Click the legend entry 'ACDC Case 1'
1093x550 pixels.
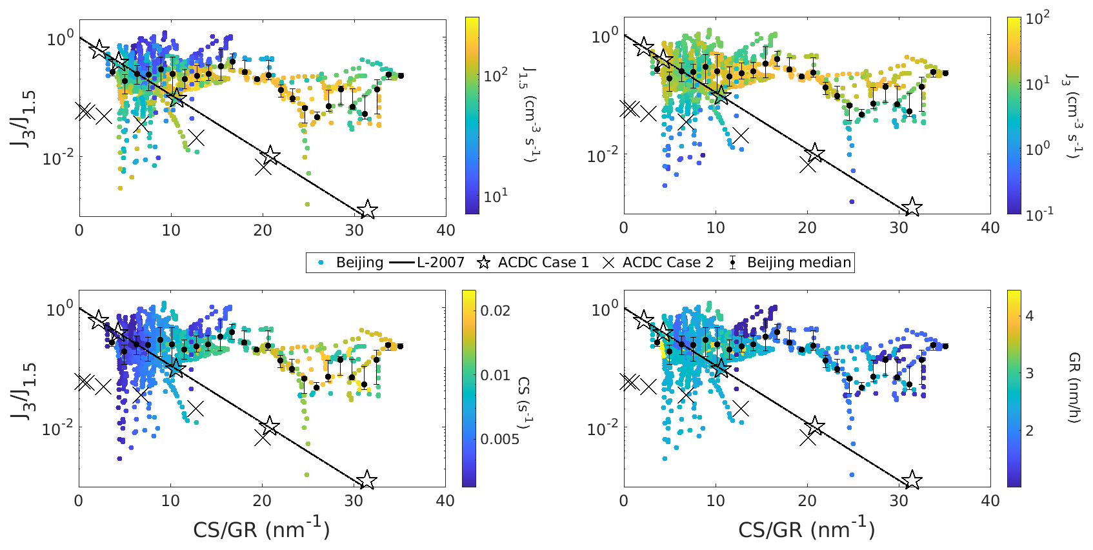click(543, 263)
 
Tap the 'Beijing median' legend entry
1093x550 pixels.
click(799, 263)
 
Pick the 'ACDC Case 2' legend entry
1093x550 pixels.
click(668, 263)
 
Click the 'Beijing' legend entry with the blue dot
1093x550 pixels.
click(359, 263)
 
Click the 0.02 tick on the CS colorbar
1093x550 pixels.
click(496, 311)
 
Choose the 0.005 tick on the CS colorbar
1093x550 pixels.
click(499, 439)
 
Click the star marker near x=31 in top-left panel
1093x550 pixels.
click(367, 210)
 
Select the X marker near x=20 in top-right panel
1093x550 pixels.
click(808, 165)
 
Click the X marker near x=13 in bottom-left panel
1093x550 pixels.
click(195, 409)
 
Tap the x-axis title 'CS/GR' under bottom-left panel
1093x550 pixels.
click(261, 529)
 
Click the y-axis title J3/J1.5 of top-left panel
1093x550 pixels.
click(24, 119)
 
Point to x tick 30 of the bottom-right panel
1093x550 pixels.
click(899, 500)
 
